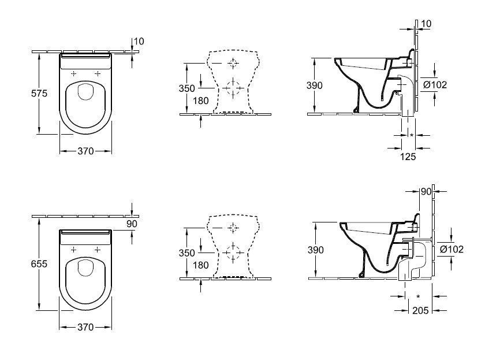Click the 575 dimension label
point(39,93)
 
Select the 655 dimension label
point(39,263)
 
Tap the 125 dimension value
point(408,157)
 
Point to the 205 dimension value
point(420,310)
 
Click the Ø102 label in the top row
point(435,85)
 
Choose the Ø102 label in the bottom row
point(452,249)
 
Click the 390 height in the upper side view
point(315,86)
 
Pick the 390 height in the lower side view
point(316,250)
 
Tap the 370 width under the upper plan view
point(86,151)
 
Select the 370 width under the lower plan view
point(86,327)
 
